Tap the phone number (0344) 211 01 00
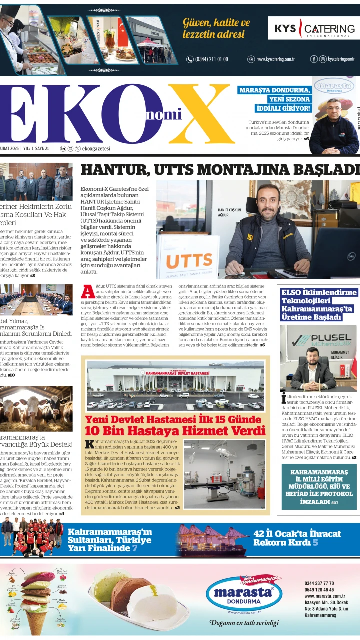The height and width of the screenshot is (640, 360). [x=207, y=59]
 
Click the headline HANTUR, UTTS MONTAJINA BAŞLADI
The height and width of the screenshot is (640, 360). [x=220, y=170]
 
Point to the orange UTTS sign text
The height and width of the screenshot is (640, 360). [x=189, y=261]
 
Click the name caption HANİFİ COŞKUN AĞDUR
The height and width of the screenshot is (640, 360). [x=230, y=213]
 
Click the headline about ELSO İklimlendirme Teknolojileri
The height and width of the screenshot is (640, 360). [x=319, y=304]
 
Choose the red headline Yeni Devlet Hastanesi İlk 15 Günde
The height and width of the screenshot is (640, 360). [x=173, y=419]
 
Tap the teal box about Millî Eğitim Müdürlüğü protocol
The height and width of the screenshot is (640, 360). [x=319, y=486]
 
